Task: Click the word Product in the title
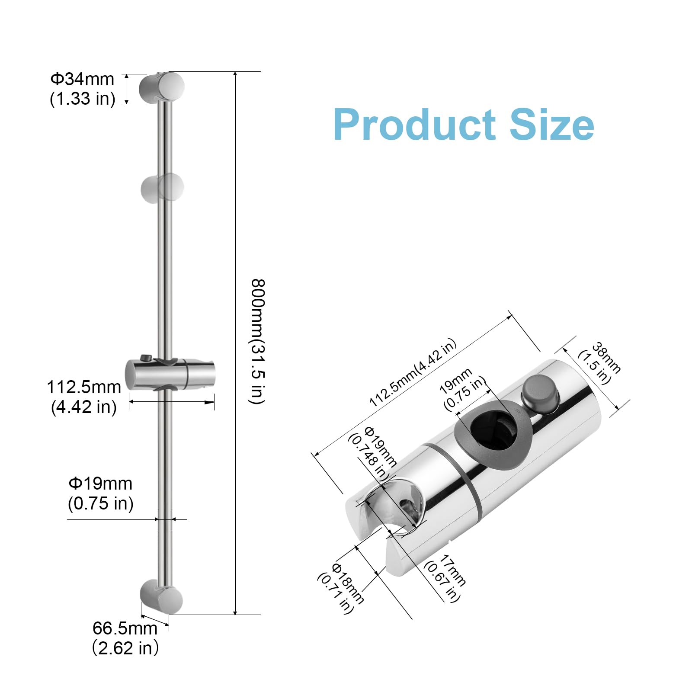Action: click(414, 125)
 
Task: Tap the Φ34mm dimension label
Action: click(82, 89)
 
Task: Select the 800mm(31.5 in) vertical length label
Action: click(258, 342)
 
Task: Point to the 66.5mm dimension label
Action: click(125, 638)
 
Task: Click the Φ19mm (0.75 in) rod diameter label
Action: click(100, 493)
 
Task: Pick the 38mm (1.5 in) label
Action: click(600, 362)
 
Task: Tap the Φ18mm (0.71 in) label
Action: click(341, 588)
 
